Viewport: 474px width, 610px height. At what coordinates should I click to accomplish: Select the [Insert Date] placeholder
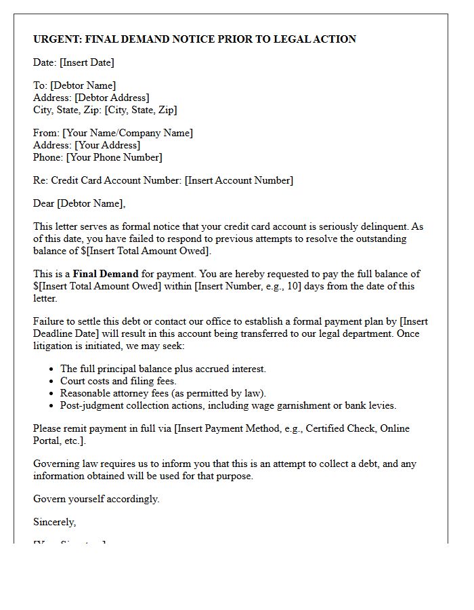(87, 62)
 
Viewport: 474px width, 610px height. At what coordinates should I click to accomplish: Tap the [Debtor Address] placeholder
(112, 98)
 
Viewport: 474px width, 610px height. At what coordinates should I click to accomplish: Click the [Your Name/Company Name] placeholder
(127, 133)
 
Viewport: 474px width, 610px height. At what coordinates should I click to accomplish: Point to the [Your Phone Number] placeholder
(113, 157)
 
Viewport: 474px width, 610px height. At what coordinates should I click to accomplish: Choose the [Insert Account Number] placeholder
(239, 180)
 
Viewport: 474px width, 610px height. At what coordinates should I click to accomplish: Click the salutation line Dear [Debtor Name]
(79, 203)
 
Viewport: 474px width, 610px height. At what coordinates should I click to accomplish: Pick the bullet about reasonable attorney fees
(163, 393)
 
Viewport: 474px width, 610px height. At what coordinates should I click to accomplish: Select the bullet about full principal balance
(163, 369)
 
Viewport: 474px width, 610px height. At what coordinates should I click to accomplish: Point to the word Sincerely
(54, 522)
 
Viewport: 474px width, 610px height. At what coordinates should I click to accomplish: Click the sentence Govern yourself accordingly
(96, 499)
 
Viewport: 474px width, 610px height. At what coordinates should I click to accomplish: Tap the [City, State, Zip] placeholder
(141, 110)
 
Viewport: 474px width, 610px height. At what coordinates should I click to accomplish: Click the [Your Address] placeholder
(107, 145)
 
